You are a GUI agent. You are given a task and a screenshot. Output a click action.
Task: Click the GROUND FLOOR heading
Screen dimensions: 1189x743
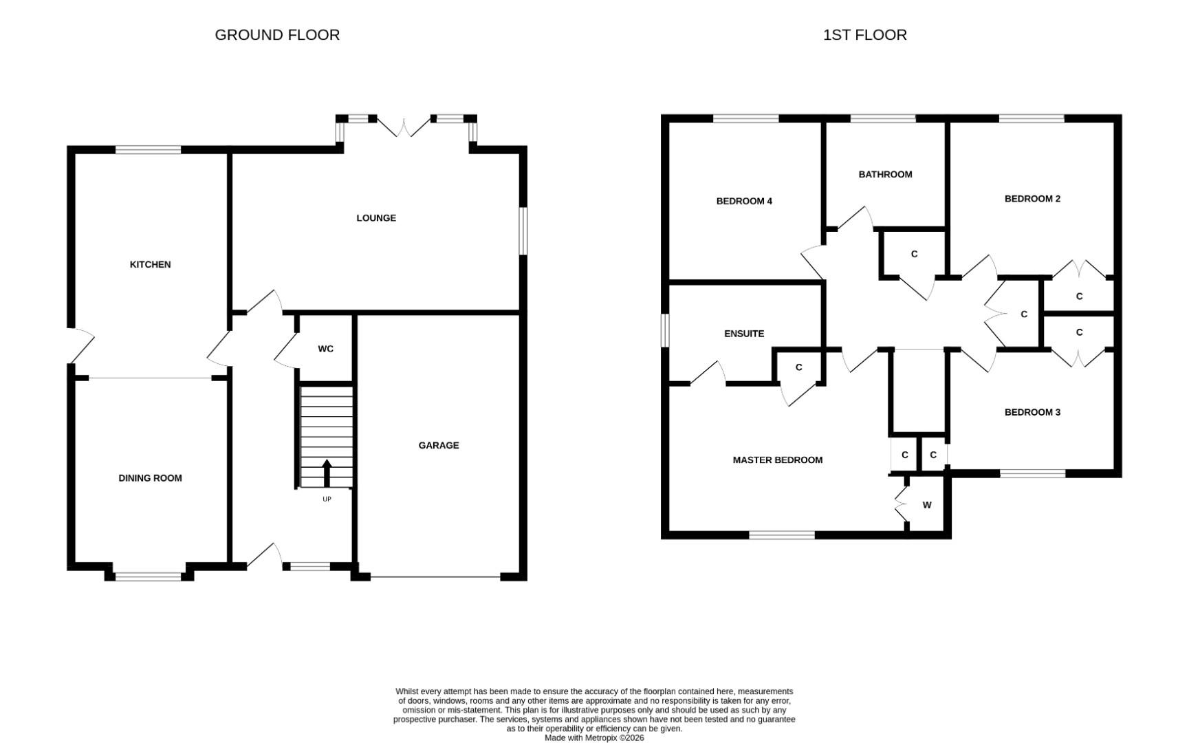click(277, 34)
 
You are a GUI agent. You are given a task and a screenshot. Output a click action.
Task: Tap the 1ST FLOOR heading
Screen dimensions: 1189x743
click(864, 34)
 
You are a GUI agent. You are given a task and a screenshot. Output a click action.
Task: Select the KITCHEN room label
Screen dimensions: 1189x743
click(150, 264)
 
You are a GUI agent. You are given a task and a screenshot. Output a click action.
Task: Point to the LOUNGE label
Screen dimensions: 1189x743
click(376, 218)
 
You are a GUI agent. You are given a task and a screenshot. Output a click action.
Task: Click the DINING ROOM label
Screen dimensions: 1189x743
click(150, 478)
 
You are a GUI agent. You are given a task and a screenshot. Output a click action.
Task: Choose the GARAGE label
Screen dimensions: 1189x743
click(439, 445)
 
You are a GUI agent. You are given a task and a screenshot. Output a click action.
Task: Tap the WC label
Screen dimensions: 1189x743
click(325, 349)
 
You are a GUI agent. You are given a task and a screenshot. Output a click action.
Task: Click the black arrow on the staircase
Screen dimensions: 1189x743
click(327, 473)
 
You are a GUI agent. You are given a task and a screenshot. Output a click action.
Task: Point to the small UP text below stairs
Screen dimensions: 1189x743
click(327, 499)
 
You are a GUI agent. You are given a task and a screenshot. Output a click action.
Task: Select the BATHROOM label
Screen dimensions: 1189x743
click(885, 174)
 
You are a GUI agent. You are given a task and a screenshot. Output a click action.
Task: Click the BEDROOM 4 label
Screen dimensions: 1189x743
click(744, 201)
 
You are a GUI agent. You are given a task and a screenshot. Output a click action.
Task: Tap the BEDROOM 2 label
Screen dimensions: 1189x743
click(1032, 199)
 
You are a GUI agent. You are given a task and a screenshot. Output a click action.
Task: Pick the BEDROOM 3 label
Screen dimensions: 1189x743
click(1032, 412)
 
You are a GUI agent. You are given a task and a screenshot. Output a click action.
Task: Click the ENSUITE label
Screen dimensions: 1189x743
click(744, 334)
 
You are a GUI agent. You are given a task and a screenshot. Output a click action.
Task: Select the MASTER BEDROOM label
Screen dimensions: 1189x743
click(777, 460)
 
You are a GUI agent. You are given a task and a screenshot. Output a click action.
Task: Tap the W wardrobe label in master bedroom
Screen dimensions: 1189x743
click(927, 505)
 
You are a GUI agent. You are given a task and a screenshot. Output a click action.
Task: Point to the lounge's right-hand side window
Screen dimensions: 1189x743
click(523, 231)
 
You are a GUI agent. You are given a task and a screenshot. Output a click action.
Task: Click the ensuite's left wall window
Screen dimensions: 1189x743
click(665, 331)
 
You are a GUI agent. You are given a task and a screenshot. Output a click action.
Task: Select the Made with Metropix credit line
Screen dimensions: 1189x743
click(594, 737)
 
